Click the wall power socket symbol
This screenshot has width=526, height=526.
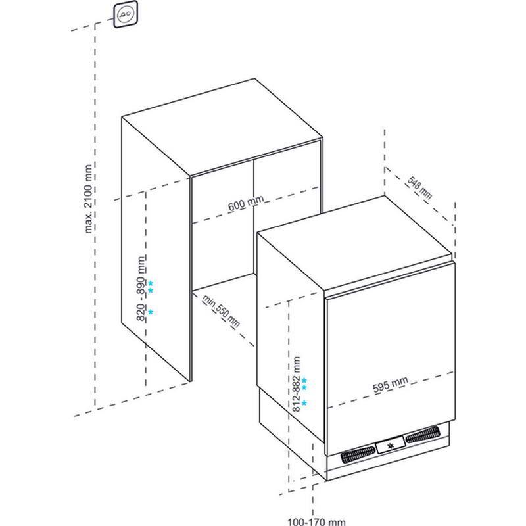[126, 14]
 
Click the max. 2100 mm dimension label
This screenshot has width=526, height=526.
[88, 199]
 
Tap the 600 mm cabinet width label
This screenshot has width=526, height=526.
[246, 203]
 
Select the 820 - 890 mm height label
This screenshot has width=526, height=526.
[141, 289]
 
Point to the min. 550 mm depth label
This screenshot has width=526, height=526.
[221, 312]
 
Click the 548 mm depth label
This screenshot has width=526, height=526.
[419, 187]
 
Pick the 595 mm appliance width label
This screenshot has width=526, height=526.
[391, 384]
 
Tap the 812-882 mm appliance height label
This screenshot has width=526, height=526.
[297, 384]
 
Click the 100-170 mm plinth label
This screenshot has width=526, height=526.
[317, 521]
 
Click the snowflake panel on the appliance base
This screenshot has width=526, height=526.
[390, 445]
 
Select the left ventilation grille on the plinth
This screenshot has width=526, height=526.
[358, 454]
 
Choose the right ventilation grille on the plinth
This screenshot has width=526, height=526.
[422, 435]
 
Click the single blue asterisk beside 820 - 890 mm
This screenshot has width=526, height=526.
[151, 312]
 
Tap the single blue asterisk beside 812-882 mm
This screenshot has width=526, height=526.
[304, 402]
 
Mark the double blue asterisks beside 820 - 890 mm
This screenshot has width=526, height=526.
[151, 287]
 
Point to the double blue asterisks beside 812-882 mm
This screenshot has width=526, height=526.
[304, 384]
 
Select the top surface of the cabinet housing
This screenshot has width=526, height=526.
[222, 127]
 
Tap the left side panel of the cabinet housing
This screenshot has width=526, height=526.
[156, 249]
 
